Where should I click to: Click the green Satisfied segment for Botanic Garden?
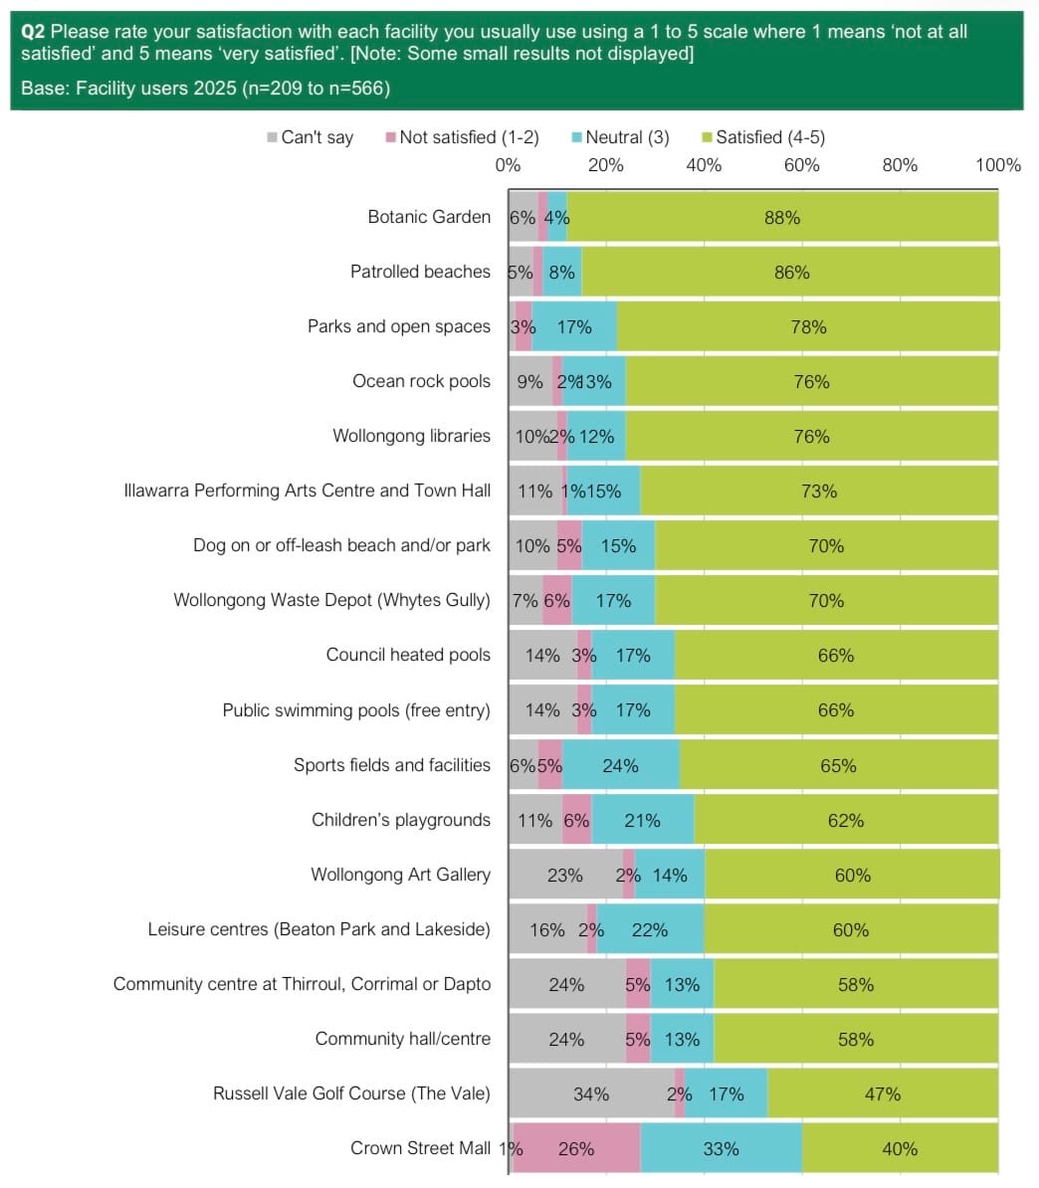(782, 217)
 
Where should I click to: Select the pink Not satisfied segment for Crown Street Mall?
(576, 1148)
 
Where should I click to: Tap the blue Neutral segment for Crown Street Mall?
(721, 1148)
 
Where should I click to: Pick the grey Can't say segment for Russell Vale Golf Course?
(591, 1093)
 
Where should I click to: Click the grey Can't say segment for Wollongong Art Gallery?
(564, 875)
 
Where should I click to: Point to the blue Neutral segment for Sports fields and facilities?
(620, 765)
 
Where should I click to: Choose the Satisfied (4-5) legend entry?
(763, 137)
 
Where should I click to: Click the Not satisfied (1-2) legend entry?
(462, 137)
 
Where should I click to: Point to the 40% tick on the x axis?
(704, 164)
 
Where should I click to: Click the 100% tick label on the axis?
(998, 164)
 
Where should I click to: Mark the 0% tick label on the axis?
(508, 164)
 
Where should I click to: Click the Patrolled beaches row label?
(420, 272)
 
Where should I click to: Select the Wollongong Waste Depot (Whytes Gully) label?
(331, 600)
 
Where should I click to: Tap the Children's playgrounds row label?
(400, 820)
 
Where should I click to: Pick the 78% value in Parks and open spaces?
(808, 326)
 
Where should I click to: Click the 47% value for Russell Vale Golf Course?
(882, 1093)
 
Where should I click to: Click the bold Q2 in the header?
(33, 32)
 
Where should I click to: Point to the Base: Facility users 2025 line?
(205, 89)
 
